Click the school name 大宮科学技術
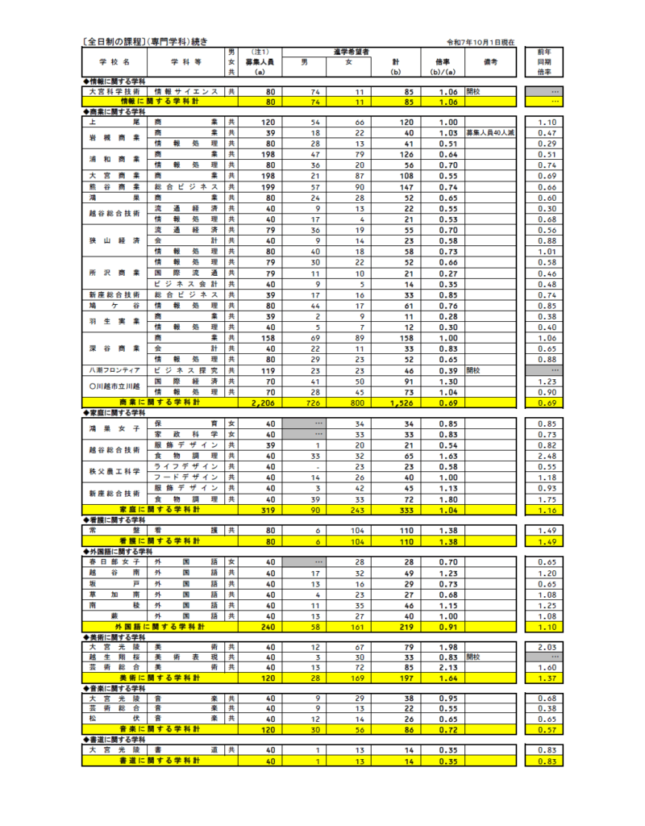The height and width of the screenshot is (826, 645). pyautogui.click(x=114, y=92)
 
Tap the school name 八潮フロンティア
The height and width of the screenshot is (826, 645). pyautogui.click(x=114, y=370)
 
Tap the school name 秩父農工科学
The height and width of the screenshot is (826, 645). pyautogui.click(x=114, y=471)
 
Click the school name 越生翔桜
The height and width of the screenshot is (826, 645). pyautogui.click(x=114, y=657)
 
